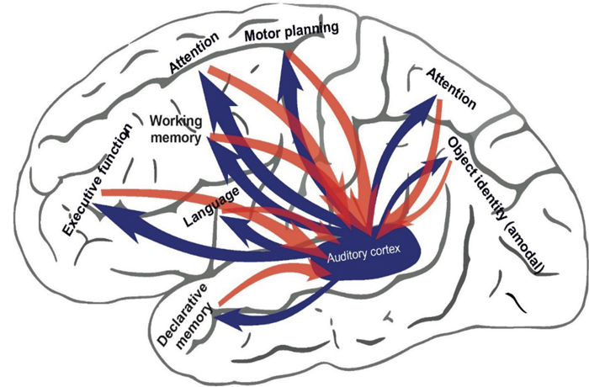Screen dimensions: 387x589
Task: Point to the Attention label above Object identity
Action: point(451,88)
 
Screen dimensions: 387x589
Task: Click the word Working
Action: point(175,119)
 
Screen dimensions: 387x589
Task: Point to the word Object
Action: point(462,152)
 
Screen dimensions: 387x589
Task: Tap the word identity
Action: point(492,193)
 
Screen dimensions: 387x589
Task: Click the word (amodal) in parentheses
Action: point(528,244)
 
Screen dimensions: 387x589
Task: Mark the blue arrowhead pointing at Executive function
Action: point(109,213)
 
